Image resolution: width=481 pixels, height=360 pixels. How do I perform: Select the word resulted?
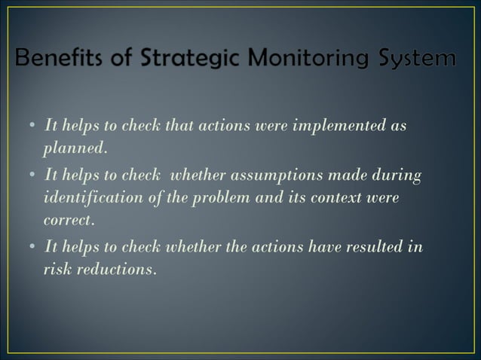click(x=375, y=246)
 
